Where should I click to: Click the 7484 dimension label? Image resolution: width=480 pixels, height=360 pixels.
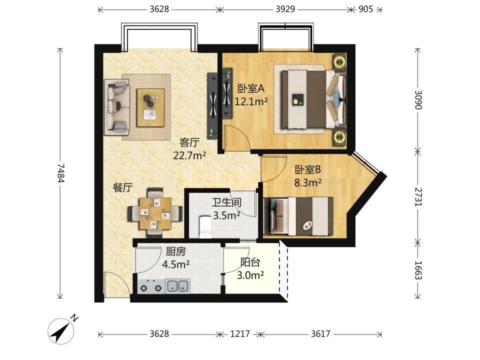[60, 173]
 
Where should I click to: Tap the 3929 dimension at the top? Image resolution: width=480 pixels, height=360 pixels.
[285, 9]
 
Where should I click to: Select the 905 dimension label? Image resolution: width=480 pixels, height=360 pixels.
[365, 9]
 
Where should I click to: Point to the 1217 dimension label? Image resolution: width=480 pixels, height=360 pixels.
[240, 333]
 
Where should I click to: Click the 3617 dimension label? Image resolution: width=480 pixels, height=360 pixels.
[320, 333]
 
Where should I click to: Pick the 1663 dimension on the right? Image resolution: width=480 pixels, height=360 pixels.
[418, 270]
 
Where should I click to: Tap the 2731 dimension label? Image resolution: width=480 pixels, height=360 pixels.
[418, 197]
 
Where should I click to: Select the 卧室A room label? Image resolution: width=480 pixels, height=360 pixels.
[251, 89]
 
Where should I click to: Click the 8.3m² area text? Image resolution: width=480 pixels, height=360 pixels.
[307, 183]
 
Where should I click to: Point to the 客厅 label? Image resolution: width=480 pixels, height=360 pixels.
[189, 142]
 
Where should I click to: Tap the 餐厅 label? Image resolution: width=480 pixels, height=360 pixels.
[123, 187]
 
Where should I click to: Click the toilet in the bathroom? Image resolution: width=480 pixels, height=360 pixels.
[205, 227]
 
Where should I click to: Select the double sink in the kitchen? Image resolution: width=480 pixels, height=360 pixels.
[177, 286]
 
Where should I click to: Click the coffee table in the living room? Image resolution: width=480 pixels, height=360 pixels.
[150, 107]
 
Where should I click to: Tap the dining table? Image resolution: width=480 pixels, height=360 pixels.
[155, 213]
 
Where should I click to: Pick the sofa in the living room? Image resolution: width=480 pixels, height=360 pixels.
[117, 107]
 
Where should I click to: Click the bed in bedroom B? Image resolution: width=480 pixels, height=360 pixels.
[298, 216]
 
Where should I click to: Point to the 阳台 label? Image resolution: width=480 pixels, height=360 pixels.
[250, 262]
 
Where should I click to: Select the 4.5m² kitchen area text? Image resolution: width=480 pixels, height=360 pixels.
[175, 264]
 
